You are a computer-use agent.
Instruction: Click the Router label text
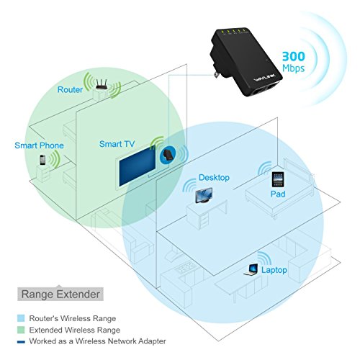coord(70,90)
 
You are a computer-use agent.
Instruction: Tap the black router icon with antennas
coord(102,84)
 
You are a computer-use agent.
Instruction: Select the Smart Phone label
coord(39,145)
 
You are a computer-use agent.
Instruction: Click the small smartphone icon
coord(42,160)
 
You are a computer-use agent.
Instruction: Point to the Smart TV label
coord(117,144)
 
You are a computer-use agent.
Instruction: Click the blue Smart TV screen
coord(138,166)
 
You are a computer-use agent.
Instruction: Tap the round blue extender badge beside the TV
coord(168,155)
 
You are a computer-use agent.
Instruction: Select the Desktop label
coord(214,178)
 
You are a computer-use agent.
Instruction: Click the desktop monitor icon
coord(204,195)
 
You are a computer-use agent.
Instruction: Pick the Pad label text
coord(278,194)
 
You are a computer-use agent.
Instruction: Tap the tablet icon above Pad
coord(278,179)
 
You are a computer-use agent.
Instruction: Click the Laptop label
coord(274,270)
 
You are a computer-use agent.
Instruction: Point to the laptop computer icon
coord(251,270)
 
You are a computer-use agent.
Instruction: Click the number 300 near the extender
coord(293,57)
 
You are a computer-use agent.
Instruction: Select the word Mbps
coord(293,68)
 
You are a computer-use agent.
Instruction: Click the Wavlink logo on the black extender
coord(265,78)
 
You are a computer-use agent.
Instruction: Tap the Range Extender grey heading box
coord(60,294)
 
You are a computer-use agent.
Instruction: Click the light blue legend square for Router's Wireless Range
coord(21,318)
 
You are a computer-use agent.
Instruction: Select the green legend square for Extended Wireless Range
coord(21,330)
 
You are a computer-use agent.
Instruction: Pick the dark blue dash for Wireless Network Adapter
coord(21,342)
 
